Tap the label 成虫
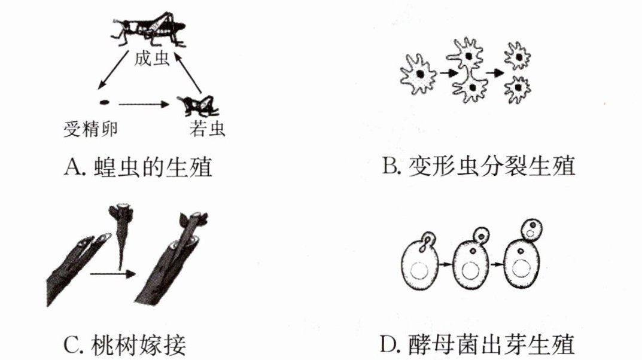[x=152, y=59]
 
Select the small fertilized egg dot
[x=104, y=102]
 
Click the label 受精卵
[x=91, y=130]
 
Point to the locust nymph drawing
[x=197, y=105]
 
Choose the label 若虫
[x=207, y=129]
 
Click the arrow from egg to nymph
[x=144, y=105]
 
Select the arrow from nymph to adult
[x=188, y=72]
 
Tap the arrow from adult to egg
[x=113, y=70]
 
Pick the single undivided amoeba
[x=418, y=75]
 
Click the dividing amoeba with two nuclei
[x=470, y=70]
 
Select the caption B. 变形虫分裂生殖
[x=479, y=166]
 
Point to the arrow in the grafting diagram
[x=112, y=274]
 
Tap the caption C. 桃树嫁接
[x=125, y=345]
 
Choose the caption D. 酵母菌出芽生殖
[x=477, y=345]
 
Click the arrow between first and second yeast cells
[x=446, y=264]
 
